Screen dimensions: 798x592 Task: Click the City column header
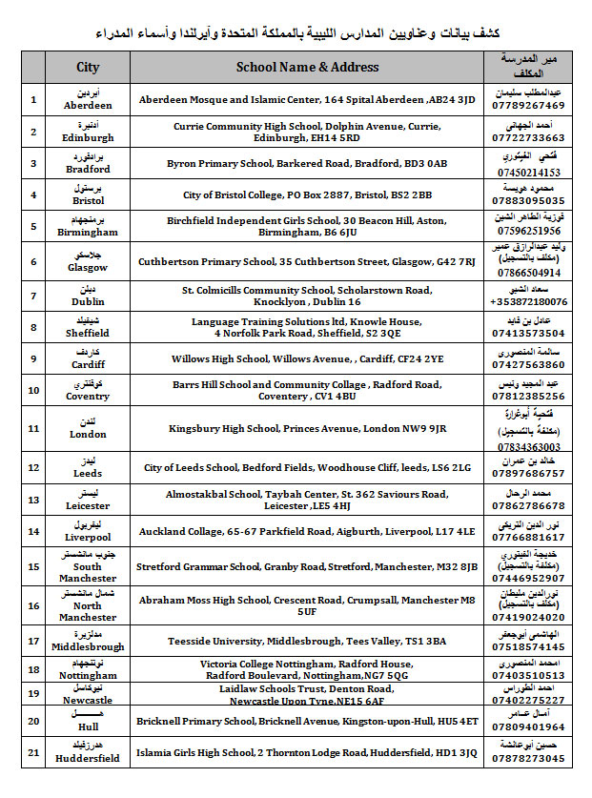(x=88, y=67)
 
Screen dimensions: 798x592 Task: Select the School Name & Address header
(x=307, y=67)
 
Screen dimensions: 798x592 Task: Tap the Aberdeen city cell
(x=88, y=100)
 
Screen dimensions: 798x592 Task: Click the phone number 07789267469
(x=530, y=106)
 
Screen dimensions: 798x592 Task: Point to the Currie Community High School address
(x=307, y=132)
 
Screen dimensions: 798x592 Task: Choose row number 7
(x=33, y=296)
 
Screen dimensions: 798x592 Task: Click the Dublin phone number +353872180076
(x=530, y=301)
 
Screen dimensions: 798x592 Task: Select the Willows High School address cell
(x=307, y=359)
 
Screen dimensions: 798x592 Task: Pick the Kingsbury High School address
(x=307, y=428)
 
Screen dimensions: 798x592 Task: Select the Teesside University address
(x=307, y=641)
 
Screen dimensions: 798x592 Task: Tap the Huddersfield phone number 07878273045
(x=530, y=759)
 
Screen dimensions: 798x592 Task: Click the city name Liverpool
(x=88, y=537)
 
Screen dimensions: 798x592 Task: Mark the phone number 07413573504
(x=530, y=334)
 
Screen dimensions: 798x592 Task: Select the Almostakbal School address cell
(x=307, y=500)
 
